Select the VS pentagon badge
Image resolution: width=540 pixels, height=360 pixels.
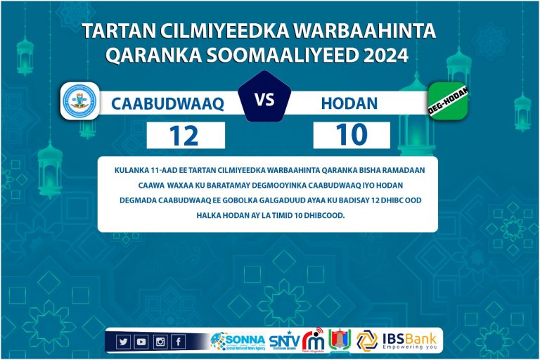pyautogui.click(x=264, y=100)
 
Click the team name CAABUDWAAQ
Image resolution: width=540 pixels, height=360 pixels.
pyautogui.click(x=167, y=104)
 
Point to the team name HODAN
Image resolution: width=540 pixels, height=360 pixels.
pyautogui.click(x=349, y=104)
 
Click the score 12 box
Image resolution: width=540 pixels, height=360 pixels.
pyautogui.click(x=186, y=135)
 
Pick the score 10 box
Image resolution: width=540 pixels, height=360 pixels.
pyautogui.click(x=352, y=135)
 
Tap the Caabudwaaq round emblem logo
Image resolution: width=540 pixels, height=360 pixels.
pyautogui.click(x=79, y=101)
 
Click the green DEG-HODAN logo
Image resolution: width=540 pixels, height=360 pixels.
pyautogui.click(x=448, y=101)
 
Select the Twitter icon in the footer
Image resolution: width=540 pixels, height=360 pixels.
pyautogui.click(x=124, y=342)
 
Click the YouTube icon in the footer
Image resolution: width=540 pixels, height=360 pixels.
pyautogui.click(x=142, y=342)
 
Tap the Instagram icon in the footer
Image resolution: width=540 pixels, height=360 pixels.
pyautogui.click(x=160, y=342)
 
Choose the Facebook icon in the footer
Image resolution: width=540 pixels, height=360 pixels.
pyautogui.click(x=179, y=342)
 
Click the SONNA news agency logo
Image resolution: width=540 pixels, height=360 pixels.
pyautogui.click(x=237, y=341)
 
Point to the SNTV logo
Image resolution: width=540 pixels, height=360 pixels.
pyautogui.click(x=284, y=341)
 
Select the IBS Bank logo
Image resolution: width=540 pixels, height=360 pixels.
pyautogui.click(x=398, y=340)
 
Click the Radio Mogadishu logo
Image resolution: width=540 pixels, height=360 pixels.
pyautogui.click(x=314, y=341)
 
